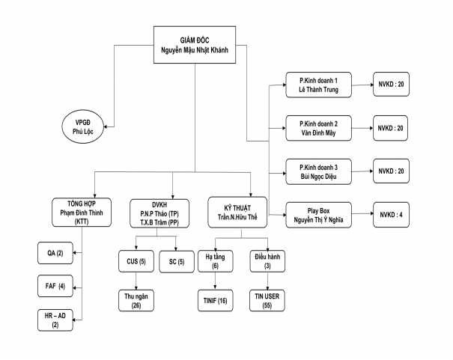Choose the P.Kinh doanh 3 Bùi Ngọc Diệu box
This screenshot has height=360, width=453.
pyautogui.click(x=315, y=171)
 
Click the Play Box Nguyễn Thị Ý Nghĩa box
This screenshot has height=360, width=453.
pyautogui.click(x=315, y=215)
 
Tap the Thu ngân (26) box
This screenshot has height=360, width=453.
pyautogui.click(x=136, y=300)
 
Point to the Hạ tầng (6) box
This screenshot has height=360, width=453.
pyautogui.click(x=216, y=262)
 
